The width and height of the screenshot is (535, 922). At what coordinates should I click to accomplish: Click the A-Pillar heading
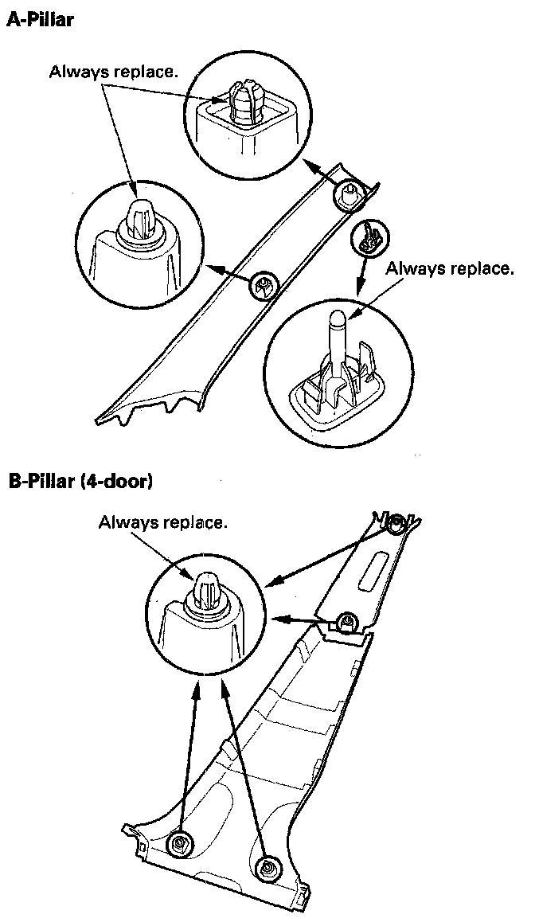point(40,21)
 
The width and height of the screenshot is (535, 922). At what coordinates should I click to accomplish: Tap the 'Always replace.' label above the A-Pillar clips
point(114,72)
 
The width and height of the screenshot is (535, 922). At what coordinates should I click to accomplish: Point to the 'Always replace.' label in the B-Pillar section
point(163,522)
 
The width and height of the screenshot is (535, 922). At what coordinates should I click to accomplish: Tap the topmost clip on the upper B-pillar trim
point(396,523)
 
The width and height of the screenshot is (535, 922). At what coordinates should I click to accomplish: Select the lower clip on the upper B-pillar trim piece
point(346,620)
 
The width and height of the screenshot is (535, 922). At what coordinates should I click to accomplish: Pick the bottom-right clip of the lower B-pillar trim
point(267,865)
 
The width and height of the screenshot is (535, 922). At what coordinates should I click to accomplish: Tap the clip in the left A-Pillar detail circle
point(138,217)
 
